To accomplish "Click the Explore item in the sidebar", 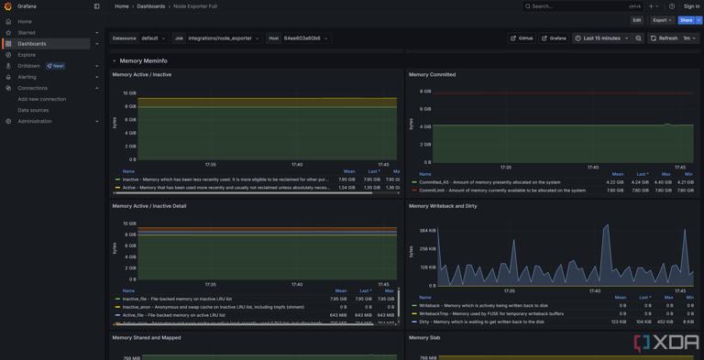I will coord(27,55).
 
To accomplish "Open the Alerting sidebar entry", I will coord(27,77).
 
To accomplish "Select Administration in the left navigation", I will coord(34,121).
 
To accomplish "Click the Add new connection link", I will coord(41,99).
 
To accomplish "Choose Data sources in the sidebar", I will coord(33,110).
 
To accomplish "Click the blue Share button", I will coord(686,20).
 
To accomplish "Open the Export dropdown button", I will coord(662,20).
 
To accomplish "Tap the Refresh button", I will coord(664,38).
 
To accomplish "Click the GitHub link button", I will coord(522,38).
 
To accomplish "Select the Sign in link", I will coord(691,6).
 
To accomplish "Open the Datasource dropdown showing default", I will coord(153,38).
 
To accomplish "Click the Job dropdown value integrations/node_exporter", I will coord(223,38).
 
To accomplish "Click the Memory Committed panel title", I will coord(432,75).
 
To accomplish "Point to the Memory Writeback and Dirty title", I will coord(449,206).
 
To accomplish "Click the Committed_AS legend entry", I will coord(489,182).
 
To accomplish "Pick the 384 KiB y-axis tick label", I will coord(427,231).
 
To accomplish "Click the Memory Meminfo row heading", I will coord(143,60).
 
